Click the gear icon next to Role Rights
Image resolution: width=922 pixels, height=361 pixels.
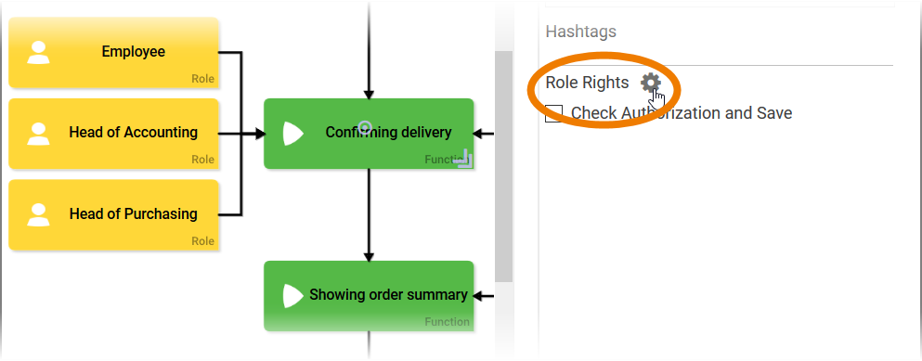pyautogui.click(x=651, y=82)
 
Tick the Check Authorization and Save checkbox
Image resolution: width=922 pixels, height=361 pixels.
pyautogui.click(x=554, y=113)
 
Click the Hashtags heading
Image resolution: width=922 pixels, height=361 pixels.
pyautogui.click(x=580, y=32)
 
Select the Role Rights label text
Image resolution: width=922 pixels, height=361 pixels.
pyautogui.click(x=587, y=83)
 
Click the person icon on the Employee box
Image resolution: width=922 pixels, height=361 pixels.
pyautogui.click(x=38, y=52)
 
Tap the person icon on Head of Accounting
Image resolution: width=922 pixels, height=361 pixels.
pyautogui.click(x=38, y=133)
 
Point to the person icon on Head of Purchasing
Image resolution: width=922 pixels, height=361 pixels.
pyautogui.click(x=38, y=214)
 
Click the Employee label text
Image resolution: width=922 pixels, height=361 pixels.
pyautogui.click(x=133, y=52)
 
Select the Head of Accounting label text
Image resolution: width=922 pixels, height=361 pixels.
pyautogui.click(x=133, y=133)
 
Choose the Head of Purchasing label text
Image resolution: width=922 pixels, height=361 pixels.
pyautogui.click(x=133, y=214)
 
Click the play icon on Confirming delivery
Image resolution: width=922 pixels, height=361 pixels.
pyautogui.click(x=292, y=133)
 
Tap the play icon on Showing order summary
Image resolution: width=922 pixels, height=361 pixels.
pyautogui.click(x=292, y=295)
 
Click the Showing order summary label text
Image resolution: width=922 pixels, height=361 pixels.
pyautogui.click(x=387, y=295)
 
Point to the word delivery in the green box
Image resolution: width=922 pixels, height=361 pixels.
pyautogui.click(x=422, y=133)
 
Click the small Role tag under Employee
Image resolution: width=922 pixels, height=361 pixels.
pyautogui.click(x=202, y=79)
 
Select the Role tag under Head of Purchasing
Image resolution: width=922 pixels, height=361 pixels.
pyautogui.click(x=202, y=241)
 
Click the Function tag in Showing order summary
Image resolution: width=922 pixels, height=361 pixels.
pyautogui.click(x=447, y=322)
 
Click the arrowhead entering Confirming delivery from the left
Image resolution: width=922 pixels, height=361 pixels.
pyautogui.click(x=259, y=134)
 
